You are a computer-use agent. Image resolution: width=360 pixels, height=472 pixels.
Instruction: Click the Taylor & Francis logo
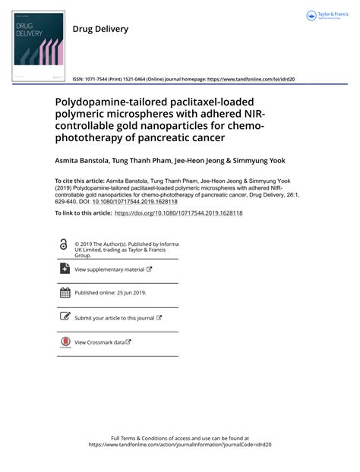(x=326, y=16)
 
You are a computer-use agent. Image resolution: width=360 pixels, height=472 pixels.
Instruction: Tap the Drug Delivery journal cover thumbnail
(x=37, y=46)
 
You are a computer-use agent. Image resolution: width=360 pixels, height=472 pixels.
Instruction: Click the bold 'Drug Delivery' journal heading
(x=100, y=29)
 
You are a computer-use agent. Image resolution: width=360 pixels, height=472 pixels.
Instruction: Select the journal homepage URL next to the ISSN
(x=251, y=79)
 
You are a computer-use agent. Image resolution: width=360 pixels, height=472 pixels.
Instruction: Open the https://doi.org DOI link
(x=178, y=213)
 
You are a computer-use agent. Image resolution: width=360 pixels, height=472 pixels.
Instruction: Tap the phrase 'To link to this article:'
(x=84, y=213)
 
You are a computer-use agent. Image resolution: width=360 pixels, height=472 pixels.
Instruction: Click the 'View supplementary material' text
(x=109, y=269)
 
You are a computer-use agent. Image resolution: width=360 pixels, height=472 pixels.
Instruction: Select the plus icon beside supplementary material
(x=65, y=269)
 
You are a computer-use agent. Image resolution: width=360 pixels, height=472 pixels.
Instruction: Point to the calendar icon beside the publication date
(x=65, y=293)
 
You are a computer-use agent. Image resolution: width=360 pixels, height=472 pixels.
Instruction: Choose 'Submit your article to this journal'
(x=114, y=318)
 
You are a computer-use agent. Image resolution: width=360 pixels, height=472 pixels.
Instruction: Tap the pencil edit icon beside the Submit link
(x=65, y=317)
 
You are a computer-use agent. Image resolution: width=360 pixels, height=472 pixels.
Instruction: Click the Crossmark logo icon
(x=65, y=343)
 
